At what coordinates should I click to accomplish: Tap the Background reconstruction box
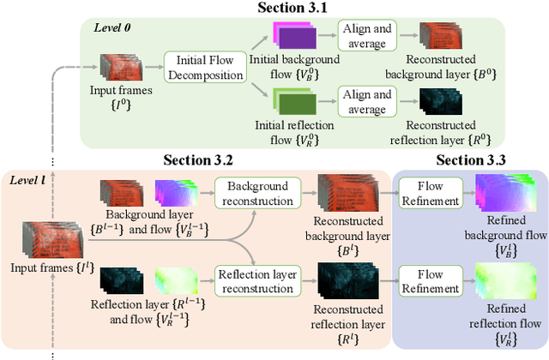254,194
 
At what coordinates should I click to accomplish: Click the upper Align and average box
369,34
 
